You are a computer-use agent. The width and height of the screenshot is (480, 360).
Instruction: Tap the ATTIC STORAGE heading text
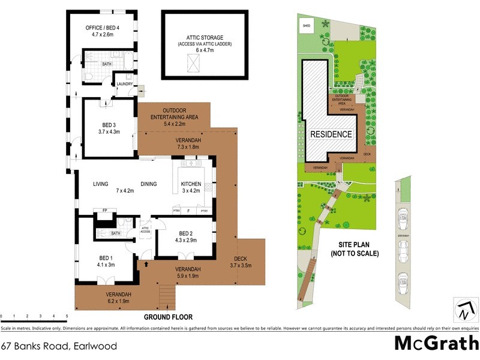pos(205,38)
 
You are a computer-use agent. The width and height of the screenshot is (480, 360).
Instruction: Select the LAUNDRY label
pos(125,84)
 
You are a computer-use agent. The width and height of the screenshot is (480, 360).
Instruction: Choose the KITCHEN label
pos(192,184)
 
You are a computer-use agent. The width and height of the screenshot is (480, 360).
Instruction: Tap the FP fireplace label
pos(104,211)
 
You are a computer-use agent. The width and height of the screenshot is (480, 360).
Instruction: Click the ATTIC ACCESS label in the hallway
pos(145,229)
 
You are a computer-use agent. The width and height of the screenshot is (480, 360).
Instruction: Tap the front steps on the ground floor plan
pos(166,296)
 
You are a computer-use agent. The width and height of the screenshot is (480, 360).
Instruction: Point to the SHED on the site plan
pos(307,26)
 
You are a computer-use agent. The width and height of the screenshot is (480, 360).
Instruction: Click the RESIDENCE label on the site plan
pos(331,134)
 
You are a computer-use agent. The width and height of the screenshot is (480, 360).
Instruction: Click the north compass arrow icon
pos(463,310)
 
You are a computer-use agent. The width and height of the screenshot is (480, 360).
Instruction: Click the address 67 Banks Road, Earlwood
pos(58,346)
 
